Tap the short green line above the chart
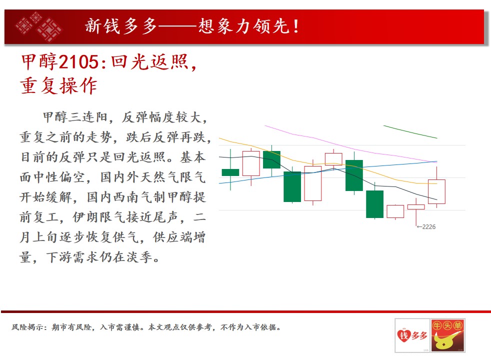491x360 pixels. click(410, 132)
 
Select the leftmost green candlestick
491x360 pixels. click(230, 172)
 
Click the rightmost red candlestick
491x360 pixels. click(436, 191)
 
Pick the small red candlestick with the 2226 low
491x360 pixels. click(416, 207)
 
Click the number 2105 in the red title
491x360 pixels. click(78, 61)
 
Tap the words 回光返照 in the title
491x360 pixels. click(149, 61)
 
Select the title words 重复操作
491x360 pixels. click(58, 85)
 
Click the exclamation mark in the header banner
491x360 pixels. click(296, 26)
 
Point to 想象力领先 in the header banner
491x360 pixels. click(244, 26)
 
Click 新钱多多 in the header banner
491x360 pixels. click(121, 26)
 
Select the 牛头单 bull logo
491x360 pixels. click(447, 335)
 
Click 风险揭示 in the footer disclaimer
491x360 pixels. click(27, 327)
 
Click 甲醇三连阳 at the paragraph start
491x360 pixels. click(75, 117)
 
